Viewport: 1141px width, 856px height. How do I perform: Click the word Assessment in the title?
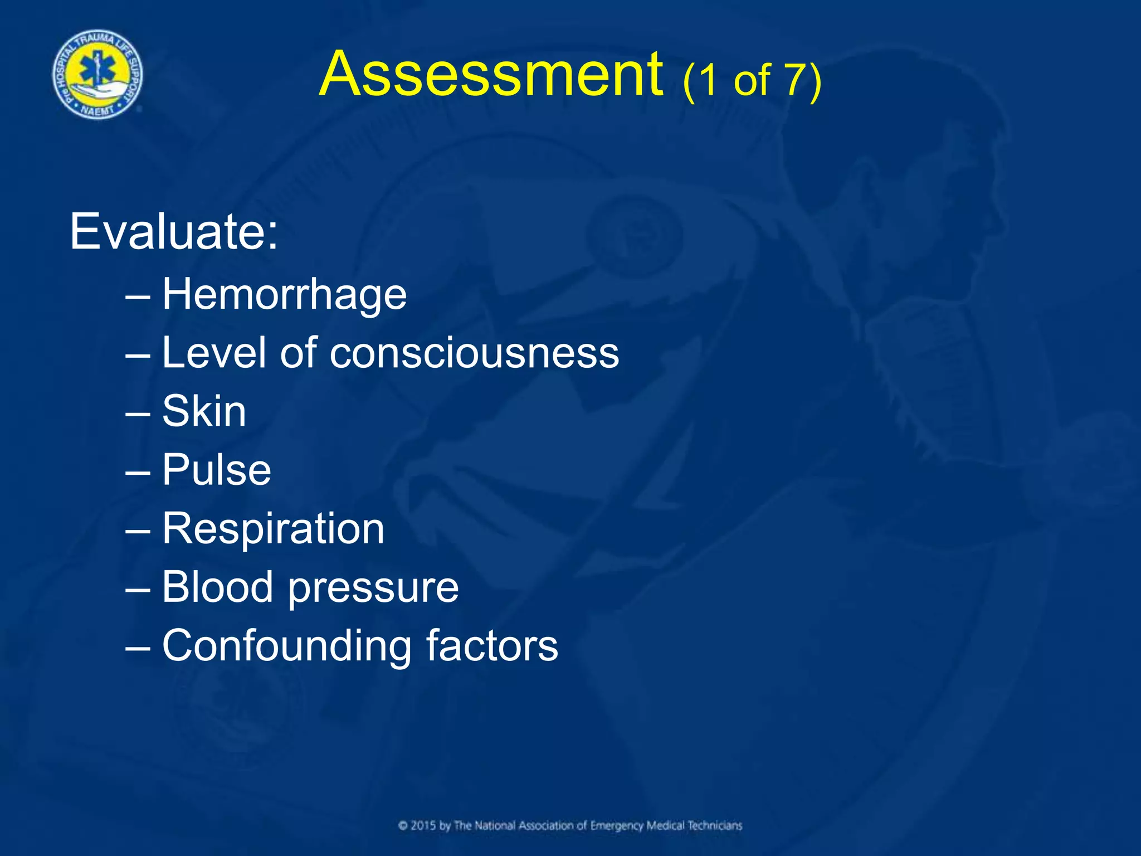491,75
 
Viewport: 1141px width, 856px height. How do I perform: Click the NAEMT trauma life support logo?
97,75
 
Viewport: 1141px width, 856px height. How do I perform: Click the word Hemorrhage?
284,295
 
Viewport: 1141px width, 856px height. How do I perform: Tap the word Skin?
204,411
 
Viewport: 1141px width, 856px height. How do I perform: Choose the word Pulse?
216,470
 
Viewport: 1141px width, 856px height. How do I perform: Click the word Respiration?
273,529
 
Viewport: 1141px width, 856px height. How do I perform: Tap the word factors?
492,645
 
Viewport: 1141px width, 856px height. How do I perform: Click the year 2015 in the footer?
423,825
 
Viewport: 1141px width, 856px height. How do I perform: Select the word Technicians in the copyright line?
715,825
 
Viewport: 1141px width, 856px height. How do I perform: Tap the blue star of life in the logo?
97,70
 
